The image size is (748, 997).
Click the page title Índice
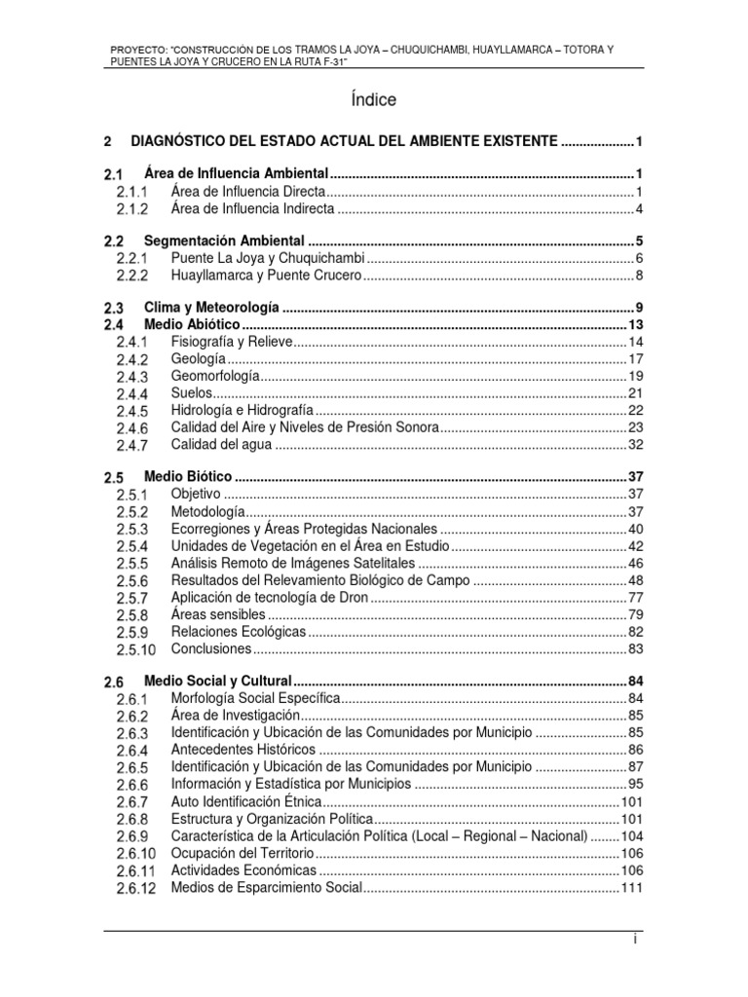tap(374, 100)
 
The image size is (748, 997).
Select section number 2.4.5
tap(131, 411)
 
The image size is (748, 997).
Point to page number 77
tap(636, 597)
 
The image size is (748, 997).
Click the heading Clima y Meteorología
tap(211, 307)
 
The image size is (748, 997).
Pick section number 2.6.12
tap(135, 889)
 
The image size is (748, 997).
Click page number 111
tap(632, 888)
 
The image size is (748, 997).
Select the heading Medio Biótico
tap(187, 477)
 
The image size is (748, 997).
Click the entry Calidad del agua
tap(219, 445)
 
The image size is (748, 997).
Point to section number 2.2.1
tap(131, 259)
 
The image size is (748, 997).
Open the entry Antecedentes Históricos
tap(243, 750)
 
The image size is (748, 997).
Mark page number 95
tap(636, 784)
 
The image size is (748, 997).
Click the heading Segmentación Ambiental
tap(225, 240)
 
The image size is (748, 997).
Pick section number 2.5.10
tap(135, 649)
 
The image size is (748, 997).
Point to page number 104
tap(632, 836)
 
